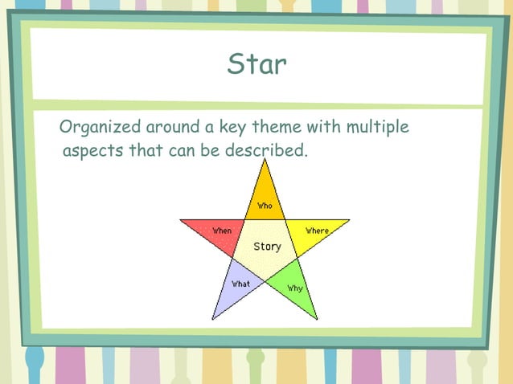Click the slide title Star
click(256, 64)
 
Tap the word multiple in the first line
click(378, 128)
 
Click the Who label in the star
click(265, 206)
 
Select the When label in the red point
click(222, 231)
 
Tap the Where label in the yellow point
click(317, 231)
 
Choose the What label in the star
click(240, 284)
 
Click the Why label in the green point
click(294, 288)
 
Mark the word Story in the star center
click(267, 247)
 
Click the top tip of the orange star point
click(265, 160)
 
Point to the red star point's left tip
click(181, 220)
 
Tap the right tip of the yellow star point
click(349, 220)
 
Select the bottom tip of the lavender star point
click(213, 318)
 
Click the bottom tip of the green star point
click(317, 318)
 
